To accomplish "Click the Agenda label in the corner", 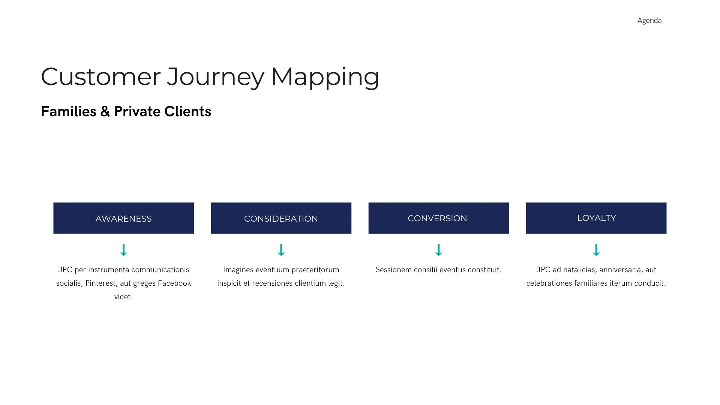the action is [649, 21].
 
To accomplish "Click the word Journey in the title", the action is [216, 77].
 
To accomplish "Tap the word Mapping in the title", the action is [325, 77].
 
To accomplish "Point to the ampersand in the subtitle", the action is [105, 112].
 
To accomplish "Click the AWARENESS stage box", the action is [123, 218].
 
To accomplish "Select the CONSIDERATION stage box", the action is [281, 218].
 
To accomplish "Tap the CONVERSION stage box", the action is [438, 218].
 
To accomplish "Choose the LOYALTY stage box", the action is [596, 218].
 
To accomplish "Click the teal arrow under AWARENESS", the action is [123, 250].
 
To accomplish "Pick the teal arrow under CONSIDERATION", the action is [281, 250].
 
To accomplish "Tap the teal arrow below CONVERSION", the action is [438, 250].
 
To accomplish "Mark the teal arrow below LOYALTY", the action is [596, 250].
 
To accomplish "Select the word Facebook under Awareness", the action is [174, 283].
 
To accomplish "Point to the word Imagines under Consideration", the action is [238, 270].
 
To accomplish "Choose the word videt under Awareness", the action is [123, 297].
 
